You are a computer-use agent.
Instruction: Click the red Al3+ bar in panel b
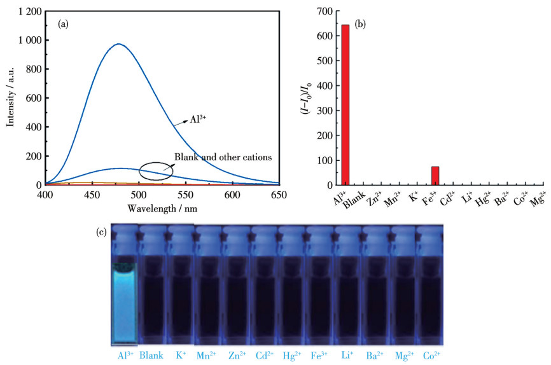tap(345, 105)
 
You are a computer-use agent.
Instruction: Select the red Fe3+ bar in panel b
tap(435, 176)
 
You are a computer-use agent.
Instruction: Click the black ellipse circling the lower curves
tap(156, 170)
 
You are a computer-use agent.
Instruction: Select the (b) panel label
tap(359, 24)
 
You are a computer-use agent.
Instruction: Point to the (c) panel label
tap(102, 233)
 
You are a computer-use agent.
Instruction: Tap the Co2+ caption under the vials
tap(431, 355)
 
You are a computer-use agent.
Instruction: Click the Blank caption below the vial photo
tap(150, 355)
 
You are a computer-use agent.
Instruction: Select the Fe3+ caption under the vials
tap(319, 355)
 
